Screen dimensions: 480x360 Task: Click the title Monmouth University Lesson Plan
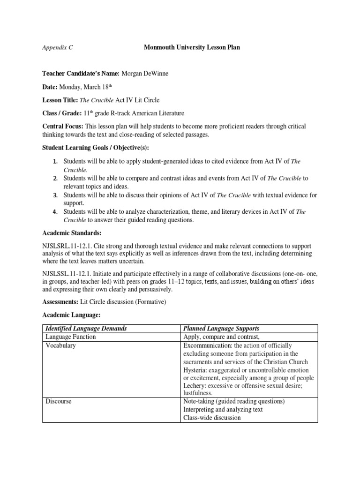[191, 48]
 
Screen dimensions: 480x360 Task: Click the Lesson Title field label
[60, 100]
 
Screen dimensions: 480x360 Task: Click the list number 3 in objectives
[55, 195]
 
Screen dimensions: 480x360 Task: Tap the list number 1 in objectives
[55, 162]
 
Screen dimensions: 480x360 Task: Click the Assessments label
[61, 303]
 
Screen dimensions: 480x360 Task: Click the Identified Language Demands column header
[86, 329]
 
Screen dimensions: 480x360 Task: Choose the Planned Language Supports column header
[222, 329]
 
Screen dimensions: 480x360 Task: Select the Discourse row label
[58, 401]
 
